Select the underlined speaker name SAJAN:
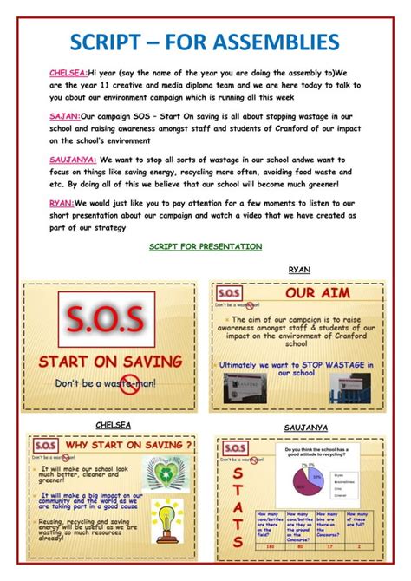[x=64, y=115]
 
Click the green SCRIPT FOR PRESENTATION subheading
[x=205, y=247]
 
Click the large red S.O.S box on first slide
[x=107, y=318]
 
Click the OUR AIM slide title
[x=312, y=293]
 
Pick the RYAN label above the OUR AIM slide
[x=299, y=270]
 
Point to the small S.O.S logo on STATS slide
[x=235, y=447]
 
